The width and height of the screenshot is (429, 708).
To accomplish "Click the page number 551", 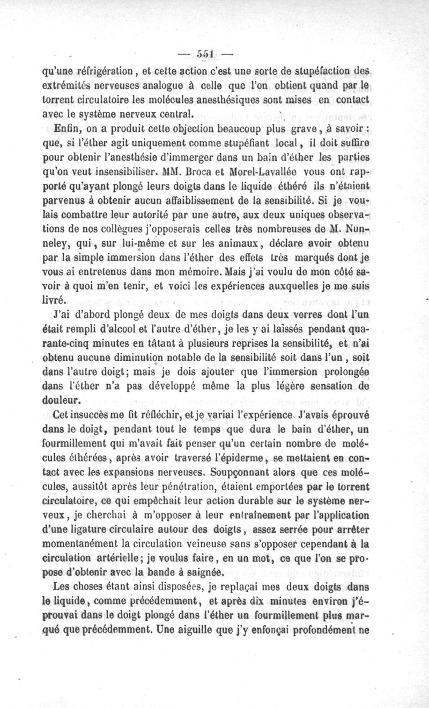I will [x=206, y=54].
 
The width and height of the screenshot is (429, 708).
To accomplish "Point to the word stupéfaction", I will [x=320, y=70].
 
